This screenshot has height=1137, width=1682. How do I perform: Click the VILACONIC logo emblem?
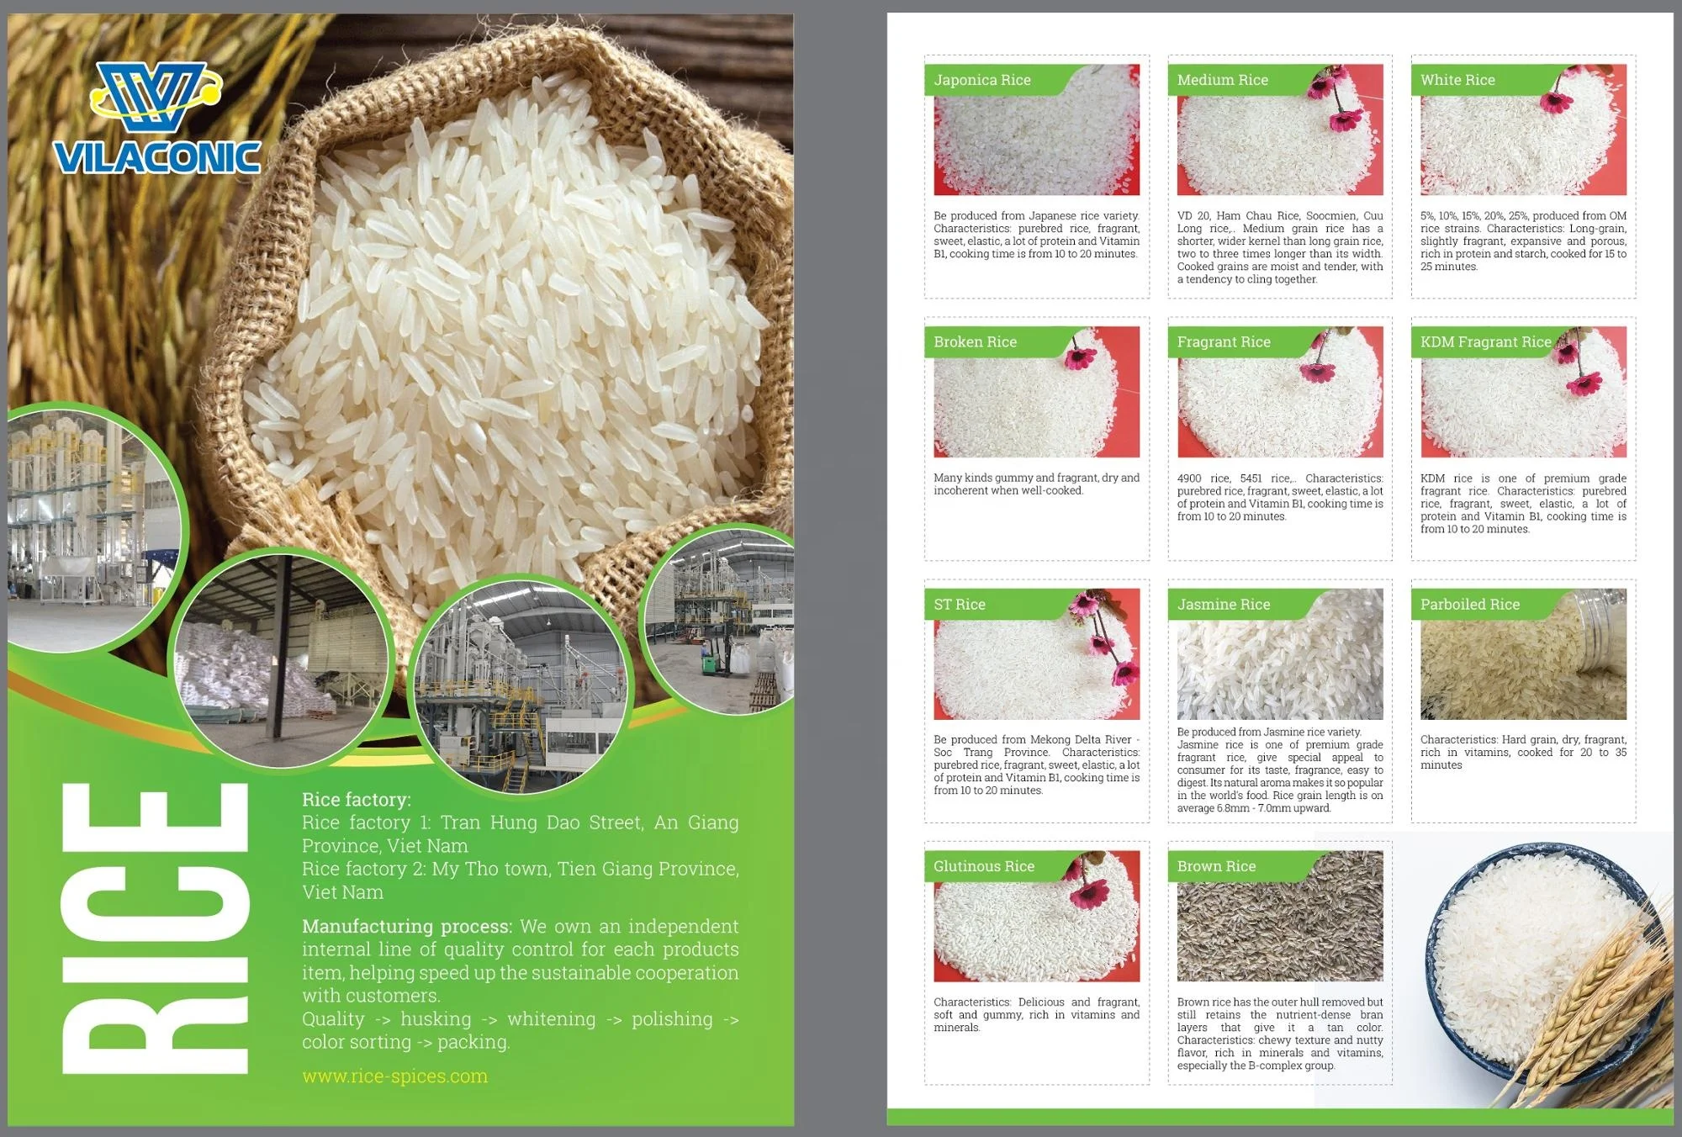click(156, 98)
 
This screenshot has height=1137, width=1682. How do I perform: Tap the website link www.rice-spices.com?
click(394, 1076)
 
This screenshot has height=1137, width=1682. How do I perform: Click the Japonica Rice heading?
click(981, 80)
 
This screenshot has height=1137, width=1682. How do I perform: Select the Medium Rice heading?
click(1222, 80)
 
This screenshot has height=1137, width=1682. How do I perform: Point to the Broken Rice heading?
click(975, 342)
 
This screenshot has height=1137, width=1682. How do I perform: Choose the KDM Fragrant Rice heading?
click(1485, 342)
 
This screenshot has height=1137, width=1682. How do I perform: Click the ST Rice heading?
click(959, 605)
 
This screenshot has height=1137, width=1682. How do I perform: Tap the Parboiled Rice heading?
click(1469, 605)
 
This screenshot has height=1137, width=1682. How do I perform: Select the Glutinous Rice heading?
click(983, 866)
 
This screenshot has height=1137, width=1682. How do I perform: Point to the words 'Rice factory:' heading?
click(357, 800)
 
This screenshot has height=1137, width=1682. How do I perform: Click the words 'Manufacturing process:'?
click(407, 927)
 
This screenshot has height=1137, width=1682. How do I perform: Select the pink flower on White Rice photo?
click(1556, 103)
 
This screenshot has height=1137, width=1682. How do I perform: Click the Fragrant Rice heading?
click(1224, 342)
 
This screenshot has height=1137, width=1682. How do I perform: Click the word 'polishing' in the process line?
click(672, 1019)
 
